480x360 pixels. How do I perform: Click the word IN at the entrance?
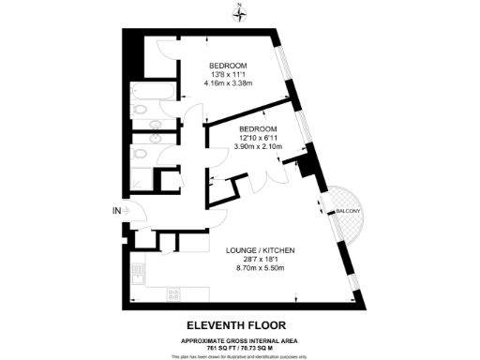point(116,211)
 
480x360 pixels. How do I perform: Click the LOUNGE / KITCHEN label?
point(262,250)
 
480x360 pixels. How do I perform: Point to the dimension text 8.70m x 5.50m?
point(262,268)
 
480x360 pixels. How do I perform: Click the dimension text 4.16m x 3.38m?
point(228,82)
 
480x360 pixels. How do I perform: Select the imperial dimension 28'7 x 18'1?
point(262,260)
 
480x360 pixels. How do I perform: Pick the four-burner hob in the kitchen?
point(173,292)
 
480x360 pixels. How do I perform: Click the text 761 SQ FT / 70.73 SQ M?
point(240,346)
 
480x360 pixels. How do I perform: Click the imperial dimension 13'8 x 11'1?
point(228,73)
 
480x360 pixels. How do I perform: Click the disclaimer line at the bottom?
point(240,354)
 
